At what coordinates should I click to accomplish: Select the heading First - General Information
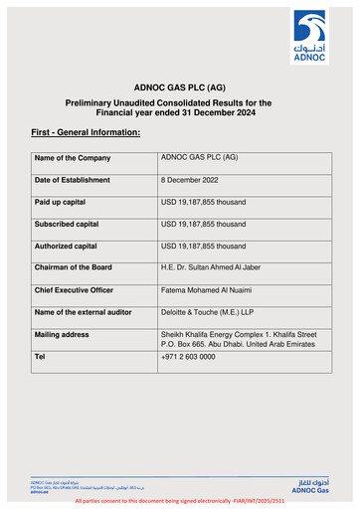86,132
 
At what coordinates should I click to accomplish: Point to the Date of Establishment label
77,180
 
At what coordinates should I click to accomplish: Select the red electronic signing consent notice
179,503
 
